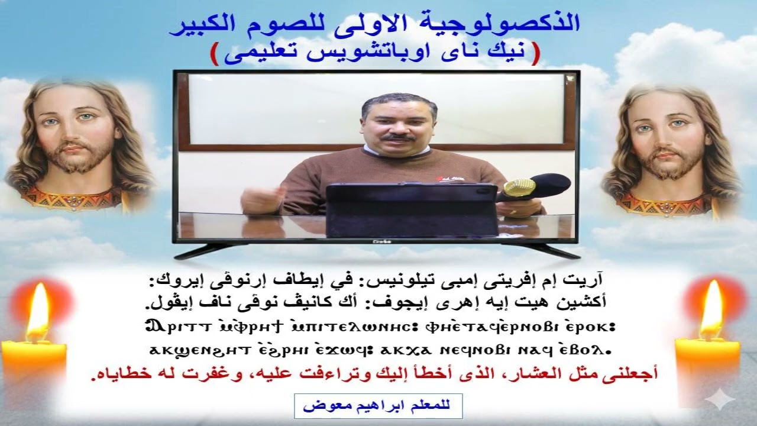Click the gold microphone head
[x=519, y=188]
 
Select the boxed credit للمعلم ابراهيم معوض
[x=378, y=406]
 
